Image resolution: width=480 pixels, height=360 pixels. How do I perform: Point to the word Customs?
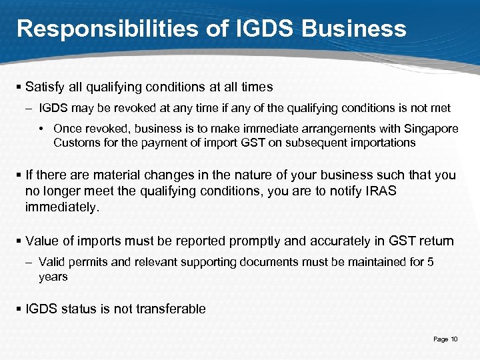point(76,143)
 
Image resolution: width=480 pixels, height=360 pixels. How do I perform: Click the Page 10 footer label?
point(445,339)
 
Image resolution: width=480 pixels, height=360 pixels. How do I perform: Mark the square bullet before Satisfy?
point(19,87)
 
